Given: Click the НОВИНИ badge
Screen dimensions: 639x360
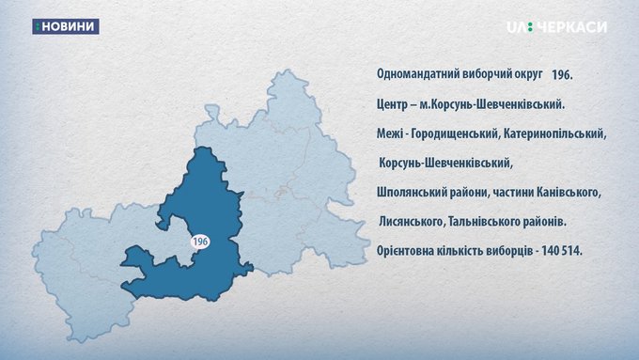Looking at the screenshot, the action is tap(66, 26).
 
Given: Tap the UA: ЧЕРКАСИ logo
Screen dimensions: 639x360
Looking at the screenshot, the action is tap(556, 27).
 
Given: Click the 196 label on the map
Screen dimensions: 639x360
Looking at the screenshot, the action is tap(200, 242).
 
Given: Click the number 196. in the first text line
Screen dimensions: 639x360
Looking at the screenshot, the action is tap(562, 75).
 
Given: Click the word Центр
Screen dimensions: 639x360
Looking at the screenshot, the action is tap(391, 104).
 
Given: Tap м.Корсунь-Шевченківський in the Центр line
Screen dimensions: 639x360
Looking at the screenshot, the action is tap(492, 104).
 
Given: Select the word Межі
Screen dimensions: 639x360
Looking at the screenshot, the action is tap(390, 133).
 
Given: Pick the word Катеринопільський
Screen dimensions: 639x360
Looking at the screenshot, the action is tap(555, 133).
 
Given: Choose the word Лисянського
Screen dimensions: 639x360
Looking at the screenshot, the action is tap(412, 222).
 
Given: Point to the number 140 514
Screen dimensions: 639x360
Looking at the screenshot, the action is tap(562, 251).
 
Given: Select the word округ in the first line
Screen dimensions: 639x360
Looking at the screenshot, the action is tap(528, 74).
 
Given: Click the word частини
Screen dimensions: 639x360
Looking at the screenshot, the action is tap(513, 192).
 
